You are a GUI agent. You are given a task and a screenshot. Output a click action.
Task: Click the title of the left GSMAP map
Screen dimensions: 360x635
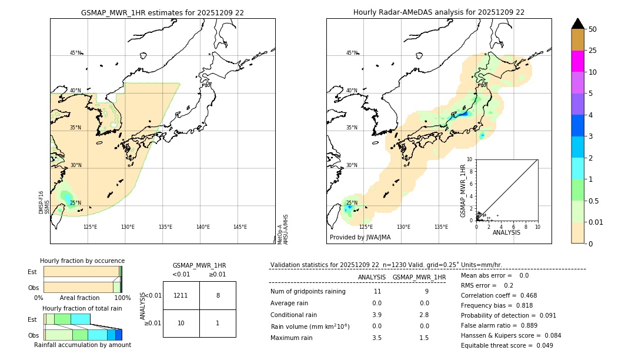pyautogui.click(x=162, y=12)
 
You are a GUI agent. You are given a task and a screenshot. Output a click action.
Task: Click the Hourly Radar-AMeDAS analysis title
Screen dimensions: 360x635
pyautogui.click(x=439, y=12)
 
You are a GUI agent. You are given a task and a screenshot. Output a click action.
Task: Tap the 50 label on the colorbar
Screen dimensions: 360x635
pyautogui.click(x=593, y=29)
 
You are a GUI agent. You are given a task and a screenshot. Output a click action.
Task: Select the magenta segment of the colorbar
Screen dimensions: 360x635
pyautogui.click(x=577, y=61)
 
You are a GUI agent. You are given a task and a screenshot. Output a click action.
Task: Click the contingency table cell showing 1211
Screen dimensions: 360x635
pyautogui.click(x=181, y=295)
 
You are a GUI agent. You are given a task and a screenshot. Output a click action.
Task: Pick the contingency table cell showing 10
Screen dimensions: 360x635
pyautogui.click(x=181, y=324)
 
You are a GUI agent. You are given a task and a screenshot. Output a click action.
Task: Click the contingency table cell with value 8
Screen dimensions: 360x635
pyautogui.click(x=218, y=295)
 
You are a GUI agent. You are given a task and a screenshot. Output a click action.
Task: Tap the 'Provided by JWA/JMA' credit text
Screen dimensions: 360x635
pyautogui.click(x=360, y=238)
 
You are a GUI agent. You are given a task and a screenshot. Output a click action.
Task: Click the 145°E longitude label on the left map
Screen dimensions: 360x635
pyautogui.click(x=240, y=227)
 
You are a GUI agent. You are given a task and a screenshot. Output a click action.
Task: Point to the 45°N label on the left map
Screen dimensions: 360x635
pyautogui.click(x=75, y=53)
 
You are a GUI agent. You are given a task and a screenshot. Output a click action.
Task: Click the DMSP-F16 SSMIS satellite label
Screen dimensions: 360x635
pyautogui.click(x=44, y=202)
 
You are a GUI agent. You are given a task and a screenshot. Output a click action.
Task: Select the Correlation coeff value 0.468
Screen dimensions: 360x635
pyautogui.click(x=524, y=295)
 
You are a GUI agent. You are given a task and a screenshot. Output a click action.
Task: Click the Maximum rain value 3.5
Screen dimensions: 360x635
pyautogui.click(x=377, y=338)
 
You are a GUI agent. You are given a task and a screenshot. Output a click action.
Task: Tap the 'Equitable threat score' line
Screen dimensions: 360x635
pyautogui.click(x=507, y=345)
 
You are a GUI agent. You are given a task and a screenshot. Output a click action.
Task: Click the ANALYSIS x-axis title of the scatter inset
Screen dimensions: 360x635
pyautogui.click(x=506, y=232)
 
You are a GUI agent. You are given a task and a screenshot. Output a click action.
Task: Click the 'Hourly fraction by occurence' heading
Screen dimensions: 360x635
pyautogui.click(x=82, y=261)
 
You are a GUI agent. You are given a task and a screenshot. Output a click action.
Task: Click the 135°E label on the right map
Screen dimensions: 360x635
pyautogui.click(x=441, y=227)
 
